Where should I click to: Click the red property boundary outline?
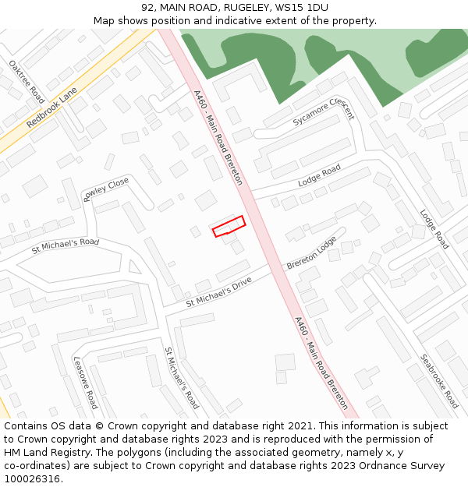pos(229,226)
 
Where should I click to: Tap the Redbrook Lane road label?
pos(52,108)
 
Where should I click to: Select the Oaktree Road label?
pos(27,81)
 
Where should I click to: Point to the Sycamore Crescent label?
pos(324,113)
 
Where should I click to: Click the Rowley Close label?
pos(106,189)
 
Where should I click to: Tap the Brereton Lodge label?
pos(311,252)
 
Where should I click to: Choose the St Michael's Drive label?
pos(218,291)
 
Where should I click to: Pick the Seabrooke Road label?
pos(440,381)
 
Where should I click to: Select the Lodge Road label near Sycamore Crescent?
pos(320,175)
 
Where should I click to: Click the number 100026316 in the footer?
pos(32,478)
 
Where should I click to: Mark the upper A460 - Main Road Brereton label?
pos(218,137)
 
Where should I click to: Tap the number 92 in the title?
pos(148,8)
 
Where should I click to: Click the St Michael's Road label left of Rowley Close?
pos(66,246)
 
